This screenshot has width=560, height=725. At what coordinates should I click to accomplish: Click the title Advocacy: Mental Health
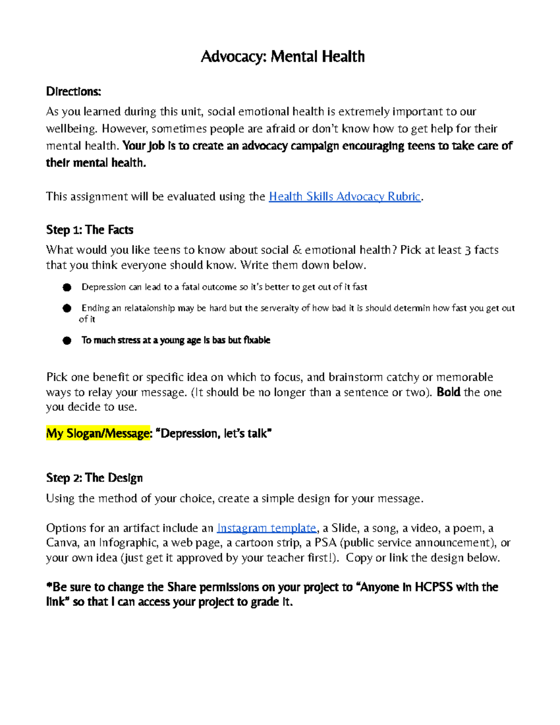point(282,56)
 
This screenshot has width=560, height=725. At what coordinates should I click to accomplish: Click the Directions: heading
point(73,92)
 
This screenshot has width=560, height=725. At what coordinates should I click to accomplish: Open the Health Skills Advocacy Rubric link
point(345,197)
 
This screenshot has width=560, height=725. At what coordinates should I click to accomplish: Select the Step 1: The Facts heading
point(90,230)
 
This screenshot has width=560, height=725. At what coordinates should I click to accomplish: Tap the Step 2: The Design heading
point(94,478)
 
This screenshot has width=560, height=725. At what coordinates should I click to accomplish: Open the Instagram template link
point(266,528)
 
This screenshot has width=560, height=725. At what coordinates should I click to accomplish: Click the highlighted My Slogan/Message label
point(98,434)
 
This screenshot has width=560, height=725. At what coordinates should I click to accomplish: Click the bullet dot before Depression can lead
point(67,288)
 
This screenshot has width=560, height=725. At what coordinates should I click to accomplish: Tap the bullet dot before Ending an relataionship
point(67,308)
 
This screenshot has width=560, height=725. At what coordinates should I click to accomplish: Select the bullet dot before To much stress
point(67,340)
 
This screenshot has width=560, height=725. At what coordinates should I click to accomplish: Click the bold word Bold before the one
point(448,392)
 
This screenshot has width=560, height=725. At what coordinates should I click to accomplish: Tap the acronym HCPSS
point(434,587)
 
